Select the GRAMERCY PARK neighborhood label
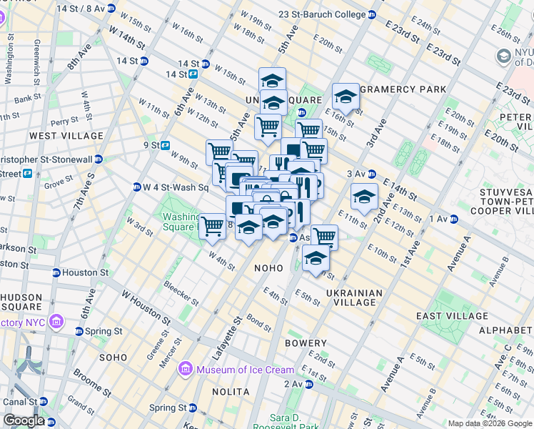point(403,89)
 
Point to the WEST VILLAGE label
point(66,135)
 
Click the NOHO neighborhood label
point(269,267)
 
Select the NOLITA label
point(231,392)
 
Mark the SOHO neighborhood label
point(113,356)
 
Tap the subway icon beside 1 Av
point(454,219)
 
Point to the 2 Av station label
point(293,384)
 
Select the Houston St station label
point(84,272)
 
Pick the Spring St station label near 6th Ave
point(104,331)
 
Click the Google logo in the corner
point(24,420)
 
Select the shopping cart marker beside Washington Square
point(213,226)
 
